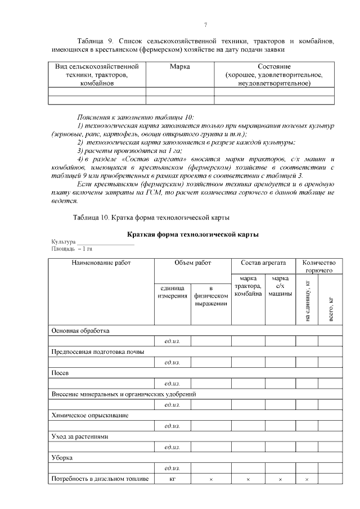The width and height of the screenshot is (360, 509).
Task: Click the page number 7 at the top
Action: [x=206, y=24]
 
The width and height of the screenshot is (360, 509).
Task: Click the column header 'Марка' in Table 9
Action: [x=179, y=67]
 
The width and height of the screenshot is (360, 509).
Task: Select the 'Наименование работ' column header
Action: [x=101, y=263]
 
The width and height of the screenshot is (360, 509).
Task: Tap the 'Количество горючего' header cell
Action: [x=319, y=267]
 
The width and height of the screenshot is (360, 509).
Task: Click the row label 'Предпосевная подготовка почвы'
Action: [x=98, y=352]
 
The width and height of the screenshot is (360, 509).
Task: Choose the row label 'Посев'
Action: [x=60, y=373]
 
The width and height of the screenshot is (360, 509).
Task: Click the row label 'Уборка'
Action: [x=62, y=458]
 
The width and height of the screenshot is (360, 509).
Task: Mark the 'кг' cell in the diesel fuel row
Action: [x=173, y=479]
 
